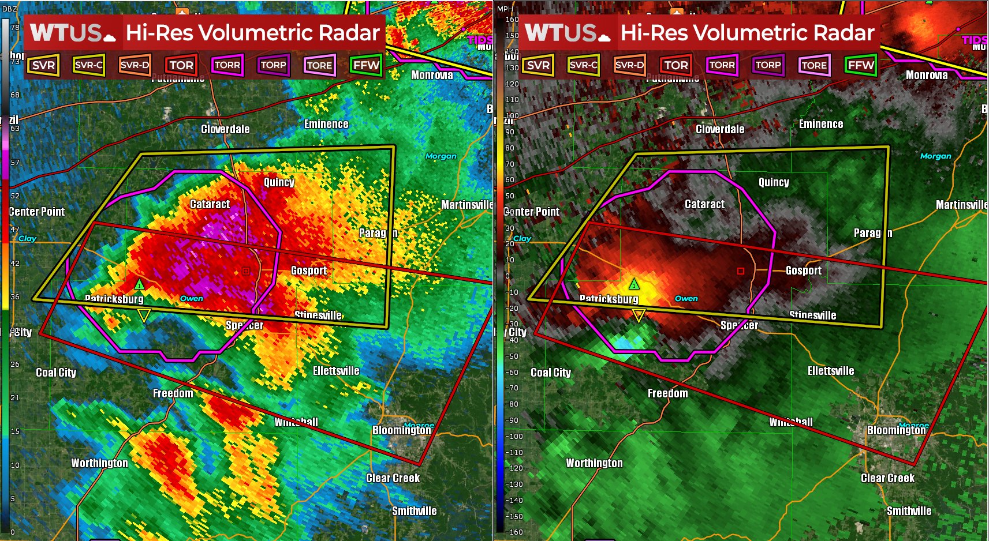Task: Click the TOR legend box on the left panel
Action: click(x=181, y=65)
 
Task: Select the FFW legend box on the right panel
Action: click(x=860, y=65)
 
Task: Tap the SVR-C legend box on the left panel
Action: click(x=89, y=65)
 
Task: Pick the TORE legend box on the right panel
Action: click(x=814, y=65)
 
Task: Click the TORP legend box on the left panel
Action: click(x=273, y=65)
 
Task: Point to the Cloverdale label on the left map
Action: click(x=225, y=129)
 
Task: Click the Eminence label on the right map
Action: click(x=820, y=124)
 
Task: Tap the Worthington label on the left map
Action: click(x=99, y=463)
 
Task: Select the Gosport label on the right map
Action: click(x=803, y=270)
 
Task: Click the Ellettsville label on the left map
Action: click(x=336, y=371)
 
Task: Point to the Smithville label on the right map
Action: click(x=909, y=511)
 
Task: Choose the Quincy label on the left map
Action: click(x=279, y=182)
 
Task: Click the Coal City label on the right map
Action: click(x=551, y=373)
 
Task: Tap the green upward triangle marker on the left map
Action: click(x=139, y=284)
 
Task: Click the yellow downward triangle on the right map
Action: click(x=639, y=315)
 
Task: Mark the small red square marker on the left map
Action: click(x=246, y=270)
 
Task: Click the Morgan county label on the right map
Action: click(x=935, y=156)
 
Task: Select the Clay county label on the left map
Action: click(x=27, y=238)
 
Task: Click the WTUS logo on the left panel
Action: click(x=72, y=33)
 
